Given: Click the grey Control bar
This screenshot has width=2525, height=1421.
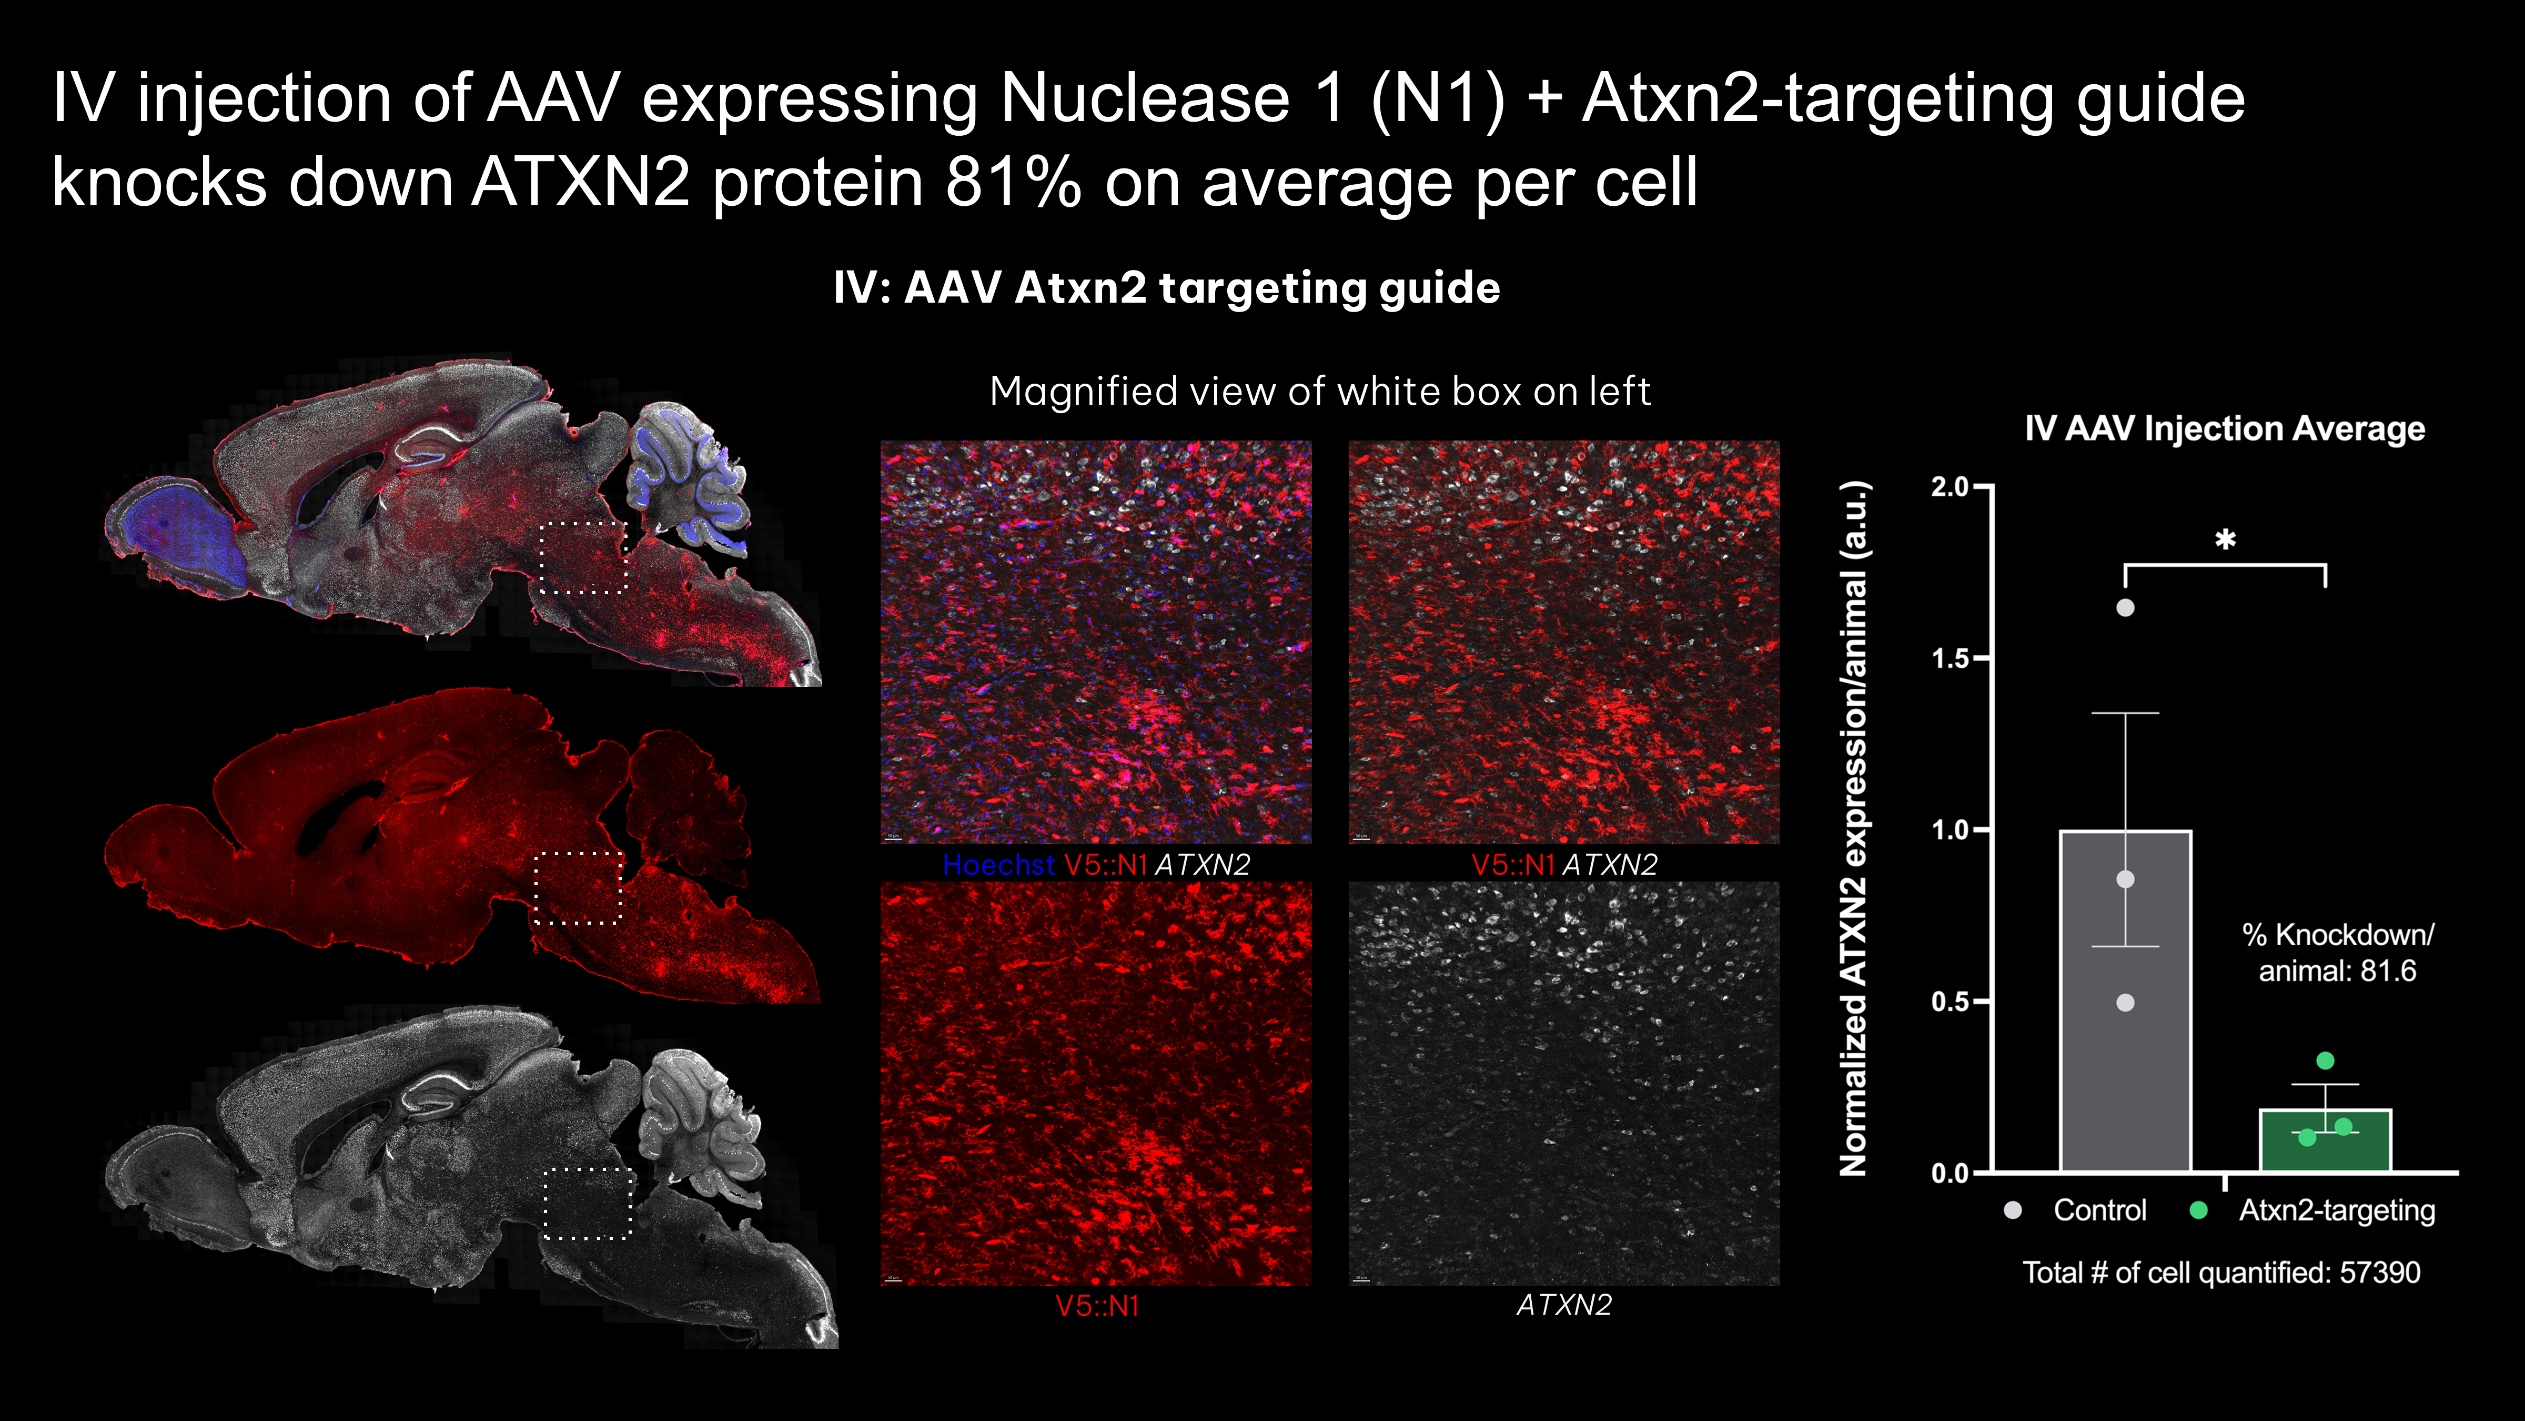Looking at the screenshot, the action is (2125, 1000).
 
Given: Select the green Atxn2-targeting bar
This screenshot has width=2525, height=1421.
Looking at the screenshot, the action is (2325, 1140).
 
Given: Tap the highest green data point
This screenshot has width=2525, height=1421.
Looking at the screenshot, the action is (2325, 1060).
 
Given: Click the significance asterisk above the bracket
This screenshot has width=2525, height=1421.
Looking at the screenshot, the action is (2225, 539).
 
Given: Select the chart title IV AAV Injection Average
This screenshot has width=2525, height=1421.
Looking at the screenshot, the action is (2225, 428).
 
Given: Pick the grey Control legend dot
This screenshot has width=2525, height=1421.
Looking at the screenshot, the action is (2012, 1210).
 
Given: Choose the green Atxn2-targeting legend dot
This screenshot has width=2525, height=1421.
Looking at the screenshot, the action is (2199, 1210).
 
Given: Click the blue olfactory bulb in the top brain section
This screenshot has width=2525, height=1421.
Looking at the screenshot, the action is (176, 535).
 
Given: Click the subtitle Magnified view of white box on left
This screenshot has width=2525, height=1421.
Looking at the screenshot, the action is (1320, 391).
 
